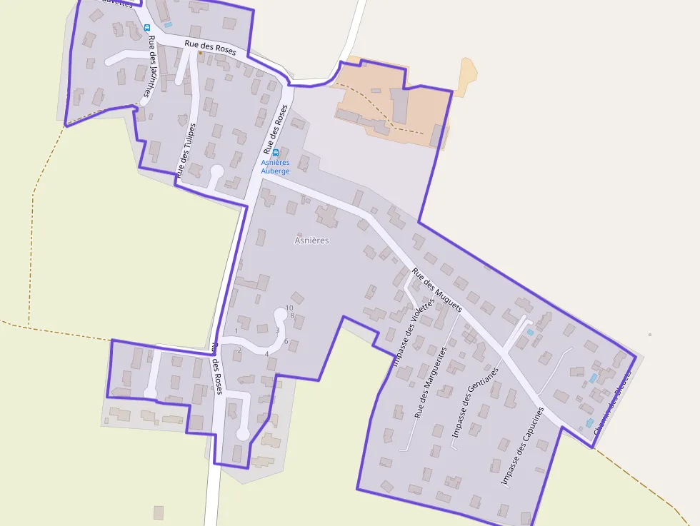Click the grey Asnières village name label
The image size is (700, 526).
[311, 241]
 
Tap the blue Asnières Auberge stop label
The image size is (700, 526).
[275, 167]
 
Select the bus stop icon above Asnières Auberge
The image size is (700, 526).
[276, 153]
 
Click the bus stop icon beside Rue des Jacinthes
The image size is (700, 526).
[146, 28]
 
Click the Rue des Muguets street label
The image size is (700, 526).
[436, 290]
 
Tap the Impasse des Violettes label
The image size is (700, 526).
[413, 333]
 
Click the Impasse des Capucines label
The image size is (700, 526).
[522, 446]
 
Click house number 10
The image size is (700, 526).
[289, 308]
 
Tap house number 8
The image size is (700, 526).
[292, 315]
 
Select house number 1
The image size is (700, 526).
[236, 331]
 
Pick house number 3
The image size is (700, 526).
[277, 330]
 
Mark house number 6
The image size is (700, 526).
[286, 341]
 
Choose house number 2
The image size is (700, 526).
[239, 350]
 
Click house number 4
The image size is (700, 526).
[266, 353]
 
